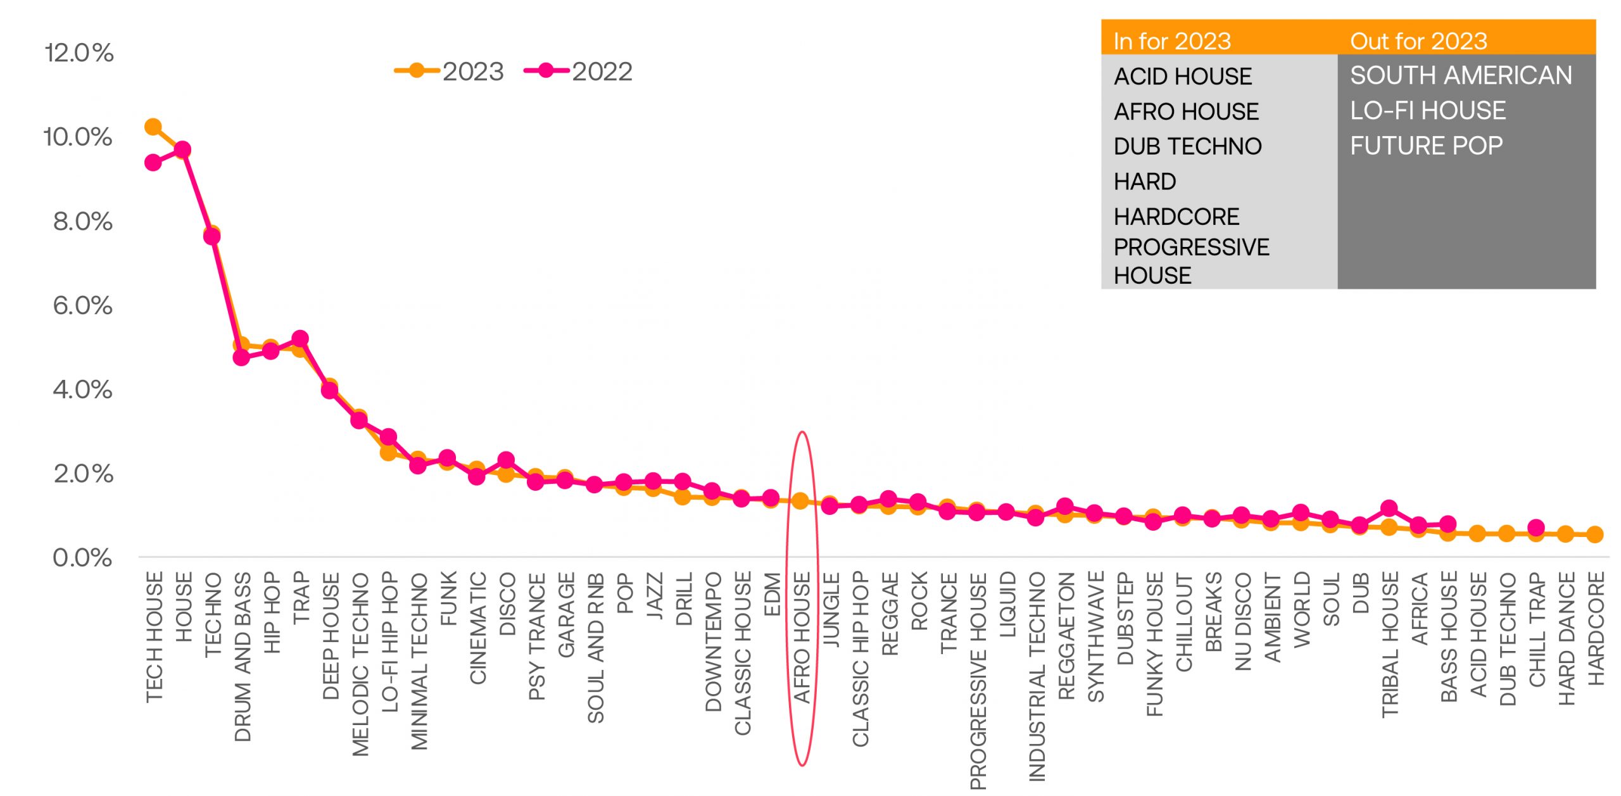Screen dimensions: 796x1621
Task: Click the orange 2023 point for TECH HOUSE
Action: click(153, 127)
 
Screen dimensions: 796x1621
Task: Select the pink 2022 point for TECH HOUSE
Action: click(153, 163)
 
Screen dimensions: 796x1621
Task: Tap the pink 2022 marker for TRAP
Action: click(300, 339)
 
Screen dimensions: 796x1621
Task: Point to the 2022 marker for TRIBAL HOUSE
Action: click(1389, 509)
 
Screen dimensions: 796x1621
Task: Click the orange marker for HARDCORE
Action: click(1595, 534)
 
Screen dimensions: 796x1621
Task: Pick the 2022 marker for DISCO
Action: click(506, 460)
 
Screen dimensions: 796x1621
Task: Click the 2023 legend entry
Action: click(450, 72)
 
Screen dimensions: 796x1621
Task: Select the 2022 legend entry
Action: click(579, 72)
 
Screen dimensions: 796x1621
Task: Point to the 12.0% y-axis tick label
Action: click(79, 53)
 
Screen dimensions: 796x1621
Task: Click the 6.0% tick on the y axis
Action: click(82, 305)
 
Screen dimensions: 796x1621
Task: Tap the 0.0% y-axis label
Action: click(82, 558)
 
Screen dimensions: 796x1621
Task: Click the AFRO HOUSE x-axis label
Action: click(802, 638)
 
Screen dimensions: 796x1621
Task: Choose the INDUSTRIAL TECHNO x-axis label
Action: click(1037, 676)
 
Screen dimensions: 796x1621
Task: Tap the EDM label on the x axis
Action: click(772, 593)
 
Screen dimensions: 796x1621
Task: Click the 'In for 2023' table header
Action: click(1172, 41)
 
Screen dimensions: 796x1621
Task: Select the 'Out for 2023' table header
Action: click(1418, 41)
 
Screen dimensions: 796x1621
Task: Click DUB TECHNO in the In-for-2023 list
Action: click(1187, 146)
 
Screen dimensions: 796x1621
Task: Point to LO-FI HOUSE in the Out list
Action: click(1427, 111)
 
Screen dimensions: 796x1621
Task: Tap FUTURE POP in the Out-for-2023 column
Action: click(1426, 146)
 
